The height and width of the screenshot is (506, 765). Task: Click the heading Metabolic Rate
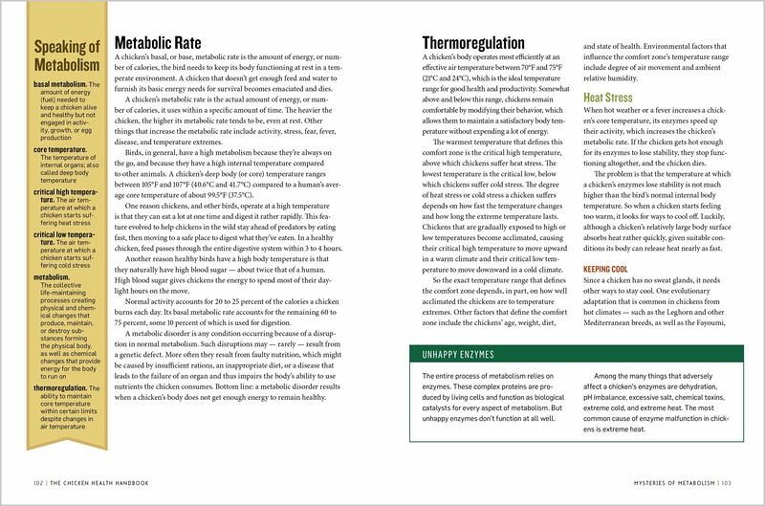(158, 43)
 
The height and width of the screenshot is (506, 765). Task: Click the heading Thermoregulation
(473, 43)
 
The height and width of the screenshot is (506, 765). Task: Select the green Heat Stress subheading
(608, 98)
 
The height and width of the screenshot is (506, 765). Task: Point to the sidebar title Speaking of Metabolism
(66, 56)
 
